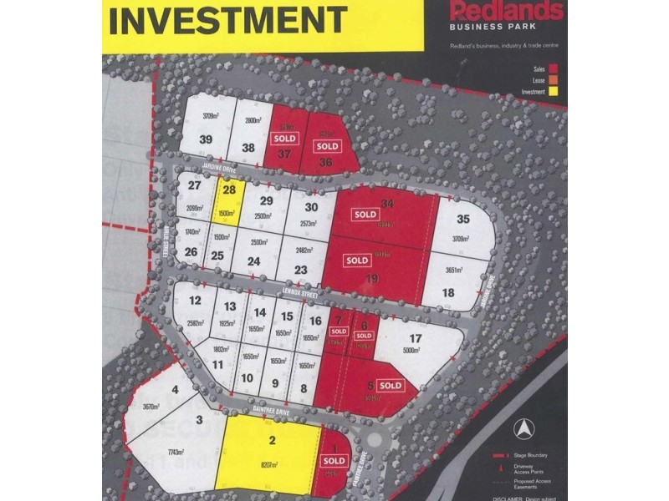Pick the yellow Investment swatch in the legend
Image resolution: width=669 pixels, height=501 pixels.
pos(554,91)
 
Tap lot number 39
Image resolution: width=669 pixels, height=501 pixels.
pos(206,140)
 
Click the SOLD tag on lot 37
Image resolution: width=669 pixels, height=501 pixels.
pos(286,138)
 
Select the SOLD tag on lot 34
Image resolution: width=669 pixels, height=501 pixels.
pos(365,215)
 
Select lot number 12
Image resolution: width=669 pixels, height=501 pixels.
pos(196,301)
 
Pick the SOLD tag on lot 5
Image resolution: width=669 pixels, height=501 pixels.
pos(391,386)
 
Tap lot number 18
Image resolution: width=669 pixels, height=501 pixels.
pos(448,292)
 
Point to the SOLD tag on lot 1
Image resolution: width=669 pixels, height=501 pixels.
pos(334,460)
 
